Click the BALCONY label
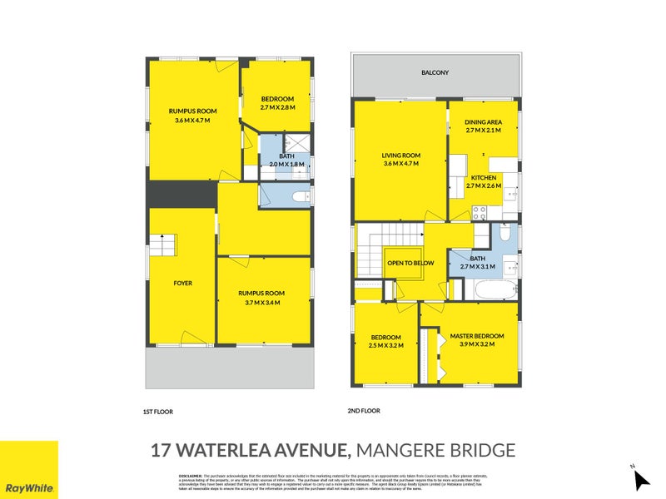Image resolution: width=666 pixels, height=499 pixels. (435, 73)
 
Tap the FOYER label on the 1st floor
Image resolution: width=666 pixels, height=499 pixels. (182, 284)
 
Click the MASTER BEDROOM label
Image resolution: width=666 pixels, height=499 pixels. (472, 336)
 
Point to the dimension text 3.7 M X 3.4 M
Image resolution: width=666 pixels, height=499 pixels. (262, 302)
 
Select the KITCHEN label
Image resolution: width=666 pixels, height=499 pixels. (484, 178)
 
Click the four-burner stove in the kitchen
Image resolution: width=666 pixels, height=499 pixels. (480, 212)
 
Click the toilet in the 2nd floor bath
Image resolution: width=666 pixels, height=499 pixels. (505, 235)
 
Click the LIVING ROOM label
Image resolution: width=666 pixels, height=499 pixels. (400, 156)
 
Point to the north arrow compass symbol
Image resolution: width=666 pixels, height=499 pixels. (640, 479)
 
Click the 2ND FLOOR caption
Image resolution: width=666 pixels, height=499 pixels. (364, 411)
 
